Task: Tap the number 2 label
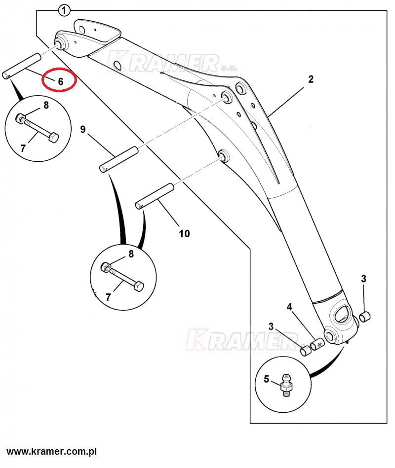point(311,79)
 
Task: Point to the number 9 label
point(83,130)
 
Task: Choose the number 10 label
point(184,233)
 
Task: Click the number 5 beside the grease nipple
point(266,379)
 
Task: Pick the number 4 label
point(290,307)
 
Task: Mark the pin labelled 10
point(155,195)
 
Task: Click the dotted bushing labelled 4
point(317,343)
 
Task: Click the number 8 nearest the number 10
point(131,254)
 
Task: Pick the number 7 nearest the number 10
point(108,297)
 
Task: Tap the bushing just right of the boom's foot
point(365,316)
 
